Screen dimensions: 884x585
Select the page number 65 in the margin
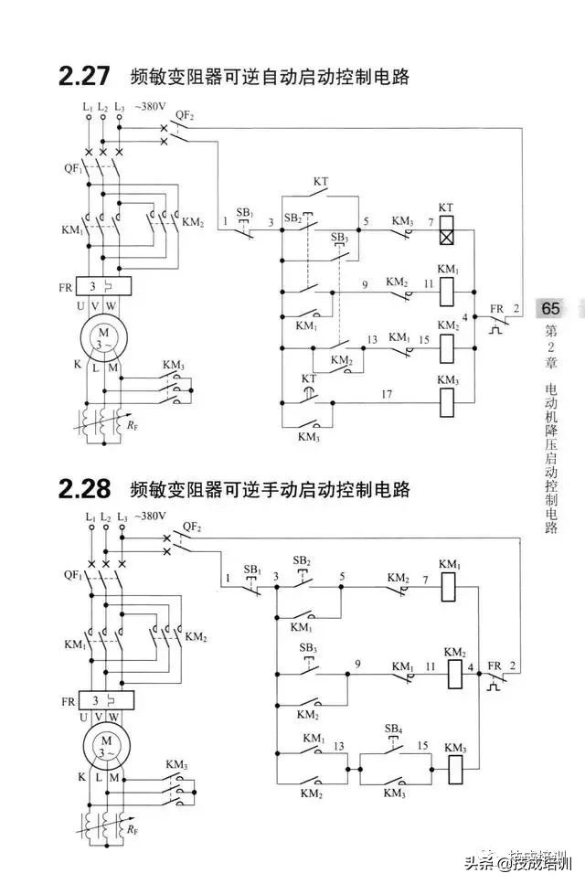click(551, 308)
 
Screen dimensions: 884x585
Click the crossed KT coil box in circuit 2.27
click(446, 234)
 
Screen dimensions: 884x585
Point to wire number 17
click(387, 394)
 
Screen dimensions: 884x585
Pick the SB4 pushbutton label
click(394, 729)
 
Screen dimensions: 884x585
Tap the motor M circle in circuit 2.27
click(103, 335)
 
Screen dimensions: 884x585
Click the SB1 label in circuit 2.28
click(253, 570)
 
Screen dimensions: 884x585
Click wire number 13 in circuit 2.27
click(372, 339)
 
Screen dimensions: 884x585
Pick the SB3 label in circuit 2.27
click(340, 238)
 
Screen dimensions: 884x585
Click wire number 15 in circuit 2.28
click(422, 746)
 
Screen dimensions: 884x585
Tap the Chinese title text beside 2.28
click(270, 490)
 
